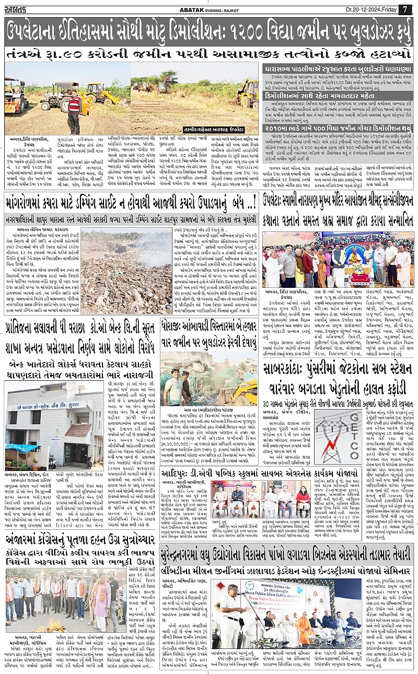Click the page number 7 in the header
[405, 9]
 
